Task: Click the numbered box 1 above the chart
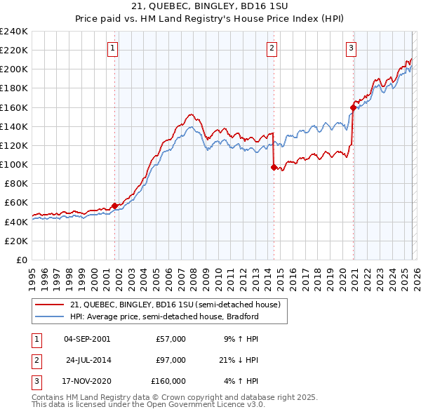[x=113, y=48]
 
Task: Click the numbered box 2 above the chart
[x=272, y=48]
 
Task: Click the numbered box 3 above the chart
[x=351, y=48]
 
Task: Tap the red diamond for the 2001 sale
[x=114, y=206]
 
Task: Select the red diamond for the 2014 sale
[x=274, y=167]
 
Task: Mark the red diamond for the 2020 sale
[x=353, y=107]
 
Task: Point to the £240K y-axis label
[x=13, y=32]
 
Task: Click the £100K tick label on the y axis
[x=13, y=164]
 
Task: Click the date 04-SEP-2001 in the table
[x=87, y=339]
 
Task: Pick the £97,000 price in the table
[x=171, y=360]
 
